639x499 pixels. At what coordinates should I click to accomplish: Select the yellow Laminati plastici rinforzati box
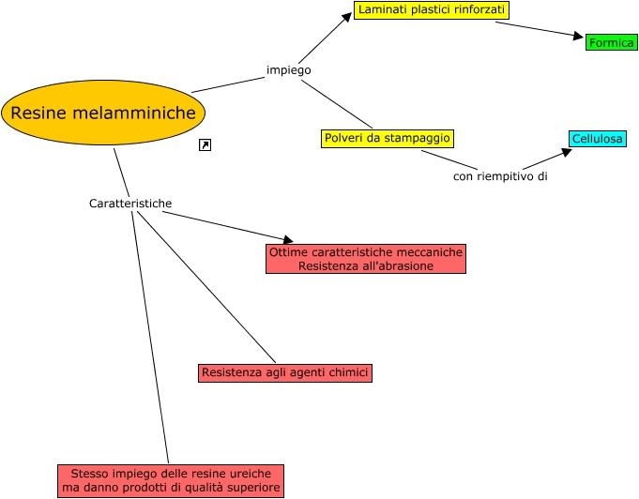[x=432, y=10]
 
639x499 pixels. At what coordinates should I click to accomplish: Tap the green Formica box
[x=611, y=43]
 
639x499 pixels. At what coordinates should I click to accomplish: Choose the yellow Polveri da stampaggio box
[x=387, y=139]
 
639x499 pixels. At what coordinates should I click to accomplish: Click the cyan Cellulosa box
[x=597, y=140]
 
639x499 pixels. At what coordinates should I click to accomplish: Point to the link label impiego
[x=288, y=70]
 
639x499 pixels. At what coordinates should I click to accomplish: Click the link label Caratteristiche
[x=130, y=204]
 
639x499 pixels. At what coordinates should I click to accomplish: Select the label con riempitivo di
[x=499, y=175]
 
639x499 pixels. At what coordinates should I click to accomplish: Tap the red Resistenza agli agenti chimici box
[x=285, y=373]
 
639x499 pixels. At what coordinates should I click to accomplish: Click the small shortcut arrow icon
[x=205, y=144]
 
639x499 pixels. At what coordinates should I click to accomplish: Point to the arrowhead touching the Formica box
[x=578, y=37]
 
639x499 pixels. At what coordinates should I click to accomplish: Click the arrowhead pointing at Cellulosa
[x=566, y=150]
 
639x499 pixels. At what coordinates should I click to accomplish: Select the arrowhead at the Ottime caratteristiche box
[x=287, y=241]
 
